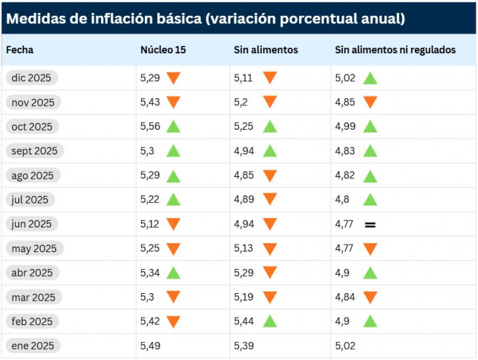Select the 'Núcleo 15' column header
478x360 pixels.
pos(163,50)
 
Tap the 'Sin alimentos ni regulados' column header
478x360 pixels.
pos(395,50)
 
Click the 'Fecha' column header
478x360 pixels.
pos(20,50)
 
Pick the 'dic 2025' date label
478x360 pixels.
pos(32,78)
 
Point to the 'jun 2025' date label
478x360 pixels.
pos(32,224)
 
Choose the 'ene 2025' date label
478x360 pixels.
pos(32,346)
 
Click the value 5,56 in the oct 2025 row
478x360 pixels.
pos(151,126)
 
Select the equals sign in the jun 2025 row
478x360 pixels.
pos(370,224)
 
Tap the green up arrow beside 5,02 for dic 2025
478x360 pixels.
pos(370,78)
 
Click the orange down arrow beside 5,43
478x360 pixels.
pos(173,102)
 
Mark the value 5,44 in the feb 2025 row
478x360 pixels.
pos(244,321)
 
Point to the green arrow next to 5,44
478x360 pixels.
pos(270,321)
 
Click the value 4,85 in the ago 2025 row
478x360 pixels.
pos(244,176)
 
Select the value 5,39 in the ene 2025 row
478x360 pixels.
pos(244,346)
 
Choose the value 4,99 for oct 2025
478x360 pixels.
pos(346,126)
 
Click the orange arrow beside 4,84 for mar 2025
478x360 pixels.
pos(370,297)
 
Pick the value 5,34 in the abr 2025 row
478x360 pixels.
pos(151,273)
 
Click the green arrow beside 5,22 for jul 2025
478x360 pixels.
pos(173,199)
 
